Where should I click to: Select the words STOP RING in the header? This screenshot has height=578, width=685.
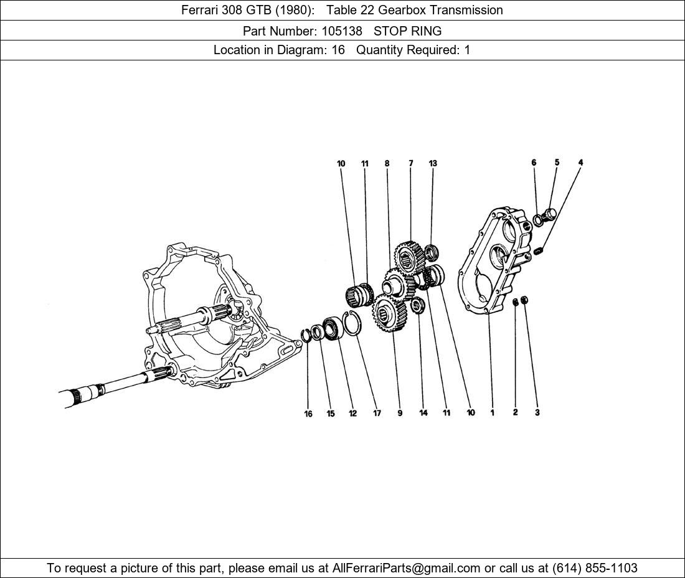(x=407, y=31)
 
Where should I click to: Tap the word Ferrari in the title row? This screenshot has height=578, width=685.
(x=202, y=10)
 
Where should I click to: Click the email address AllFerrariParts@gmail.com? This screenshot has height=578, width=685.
(x=407, y=568)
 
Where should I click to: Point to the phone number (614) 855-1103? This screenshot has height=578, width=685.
(x=595, y=568)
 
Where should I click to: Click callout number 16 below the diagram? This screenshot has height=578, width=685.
(x=308, y=414)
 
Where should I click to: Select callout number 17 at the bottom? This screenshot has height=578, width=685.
(x=377, y=414)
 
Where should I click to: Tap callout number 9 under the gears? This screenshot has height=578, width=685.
(x=400, y=413)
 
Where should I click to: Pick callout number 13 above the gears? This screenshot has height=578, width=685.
(x=433, y=163)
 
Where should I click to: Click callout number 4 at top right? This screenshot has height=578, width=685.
(x=580, y=163)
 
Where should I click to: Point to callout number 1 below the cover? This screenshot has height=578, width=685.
(x=492, y=412)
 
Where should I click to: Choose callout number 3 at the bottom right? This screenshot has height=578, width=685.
(x=537, y=412)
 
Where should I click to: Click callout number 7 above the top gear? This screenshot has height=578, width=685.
(x=411, y=163)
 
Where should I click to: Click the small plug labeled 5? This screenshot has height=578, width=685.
(x=549, y=215)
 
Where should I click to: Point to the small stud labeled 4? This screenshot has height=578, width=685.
(x=540, y=250)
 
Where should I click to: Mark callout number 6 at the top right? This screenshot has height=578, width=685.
(x=534, y=163)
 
